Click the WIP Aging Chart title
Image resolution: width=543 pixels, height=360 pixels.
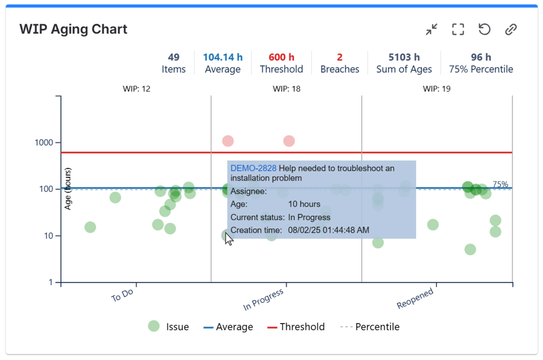(x=73, y=29)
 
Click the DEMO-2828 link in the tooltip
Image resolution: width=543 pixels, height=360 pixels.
(x=254, y=169)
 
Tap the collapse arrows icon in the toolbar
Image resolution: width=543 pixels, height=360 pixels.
(x=431, y=29)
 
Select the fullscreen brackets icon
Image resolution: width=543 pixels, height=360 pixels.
(x=458, y=29)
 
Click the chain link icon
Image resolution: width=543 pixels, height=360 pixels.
(x=510, y=29)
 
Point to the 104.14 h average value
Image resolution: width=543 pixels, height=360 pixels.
(x=223, y=57)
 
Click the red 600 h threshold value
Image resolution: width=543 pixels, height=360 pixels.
(x=281, y=57)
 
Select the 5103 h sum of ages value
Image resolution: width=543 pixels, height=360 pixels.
(x=404, y=57)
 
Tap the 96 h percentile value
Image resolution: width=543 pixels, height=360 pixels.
(x=480, y=57)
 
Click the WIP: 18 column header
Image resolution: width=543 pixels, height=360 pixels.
(x=286, y=89)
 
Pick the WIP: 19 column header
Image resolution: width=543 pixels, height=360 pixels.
(x=436, y=89)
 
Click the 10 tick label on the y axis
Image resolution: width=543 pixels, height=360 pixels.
(x=48, y=236)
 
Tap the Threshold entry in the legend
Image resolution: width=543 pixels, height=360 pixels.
(x=302, y=327)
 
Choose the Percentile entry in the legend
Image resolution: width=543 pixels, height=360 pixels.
(x=377, y=327)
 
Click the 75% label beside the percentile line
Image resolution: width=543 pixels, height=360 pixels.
(x=500, y=184)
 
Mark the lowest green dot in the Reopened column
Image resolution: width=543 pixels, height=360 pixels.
(x=470, y=250)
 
